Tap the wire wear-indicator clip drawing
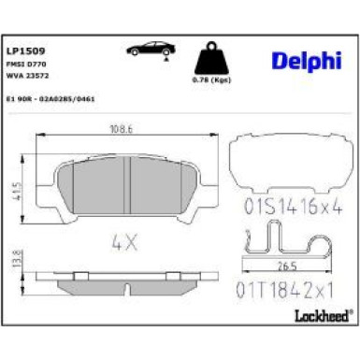pyautogui.click(x=284, y=248)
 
